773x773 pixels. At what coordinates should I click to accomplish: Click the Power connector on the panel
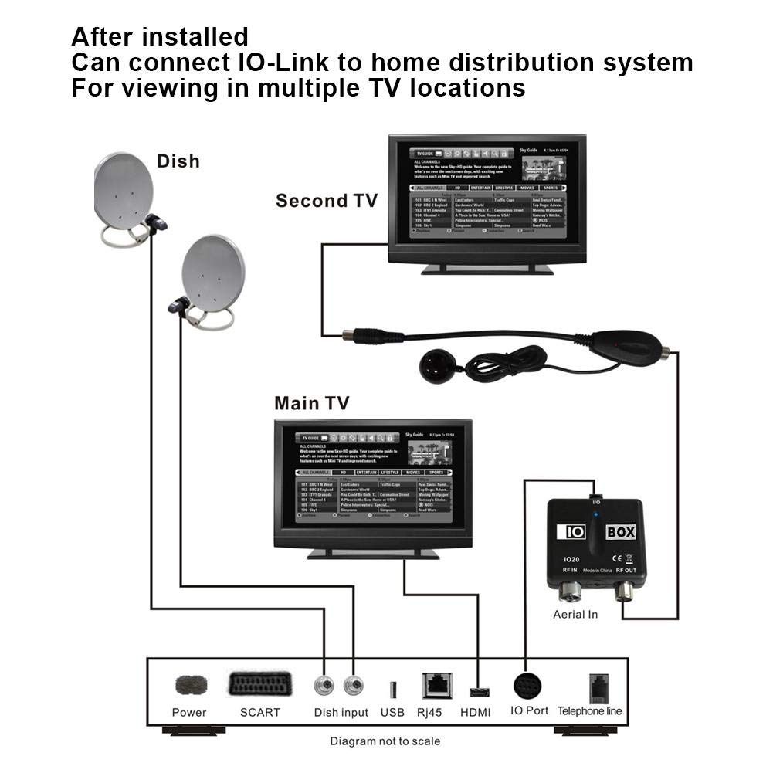click(x=189, y=686)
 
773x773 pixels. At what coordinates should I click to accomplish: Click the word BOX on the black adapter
click(x=621, y=532)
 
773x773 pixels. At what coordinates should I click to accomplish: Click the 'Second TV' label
click(x=327, y=201)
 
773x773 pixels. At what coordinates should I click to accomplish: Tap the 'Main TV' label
click(x=311, y=403)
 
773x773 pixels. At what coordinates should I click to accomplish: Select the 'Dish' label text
click(x=178, y=161)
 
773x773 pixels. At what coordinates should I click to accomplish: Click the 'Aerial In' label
click(x=575, y=615)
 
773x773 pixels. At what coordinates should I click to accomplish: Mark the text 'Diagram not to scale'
click(x=385, y=741)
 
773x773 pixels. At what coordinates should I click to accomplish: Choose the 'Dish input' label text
click(x=341, y=712)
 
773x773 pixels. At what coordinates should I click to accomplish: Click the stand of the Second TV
click(x=487, y=268)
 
